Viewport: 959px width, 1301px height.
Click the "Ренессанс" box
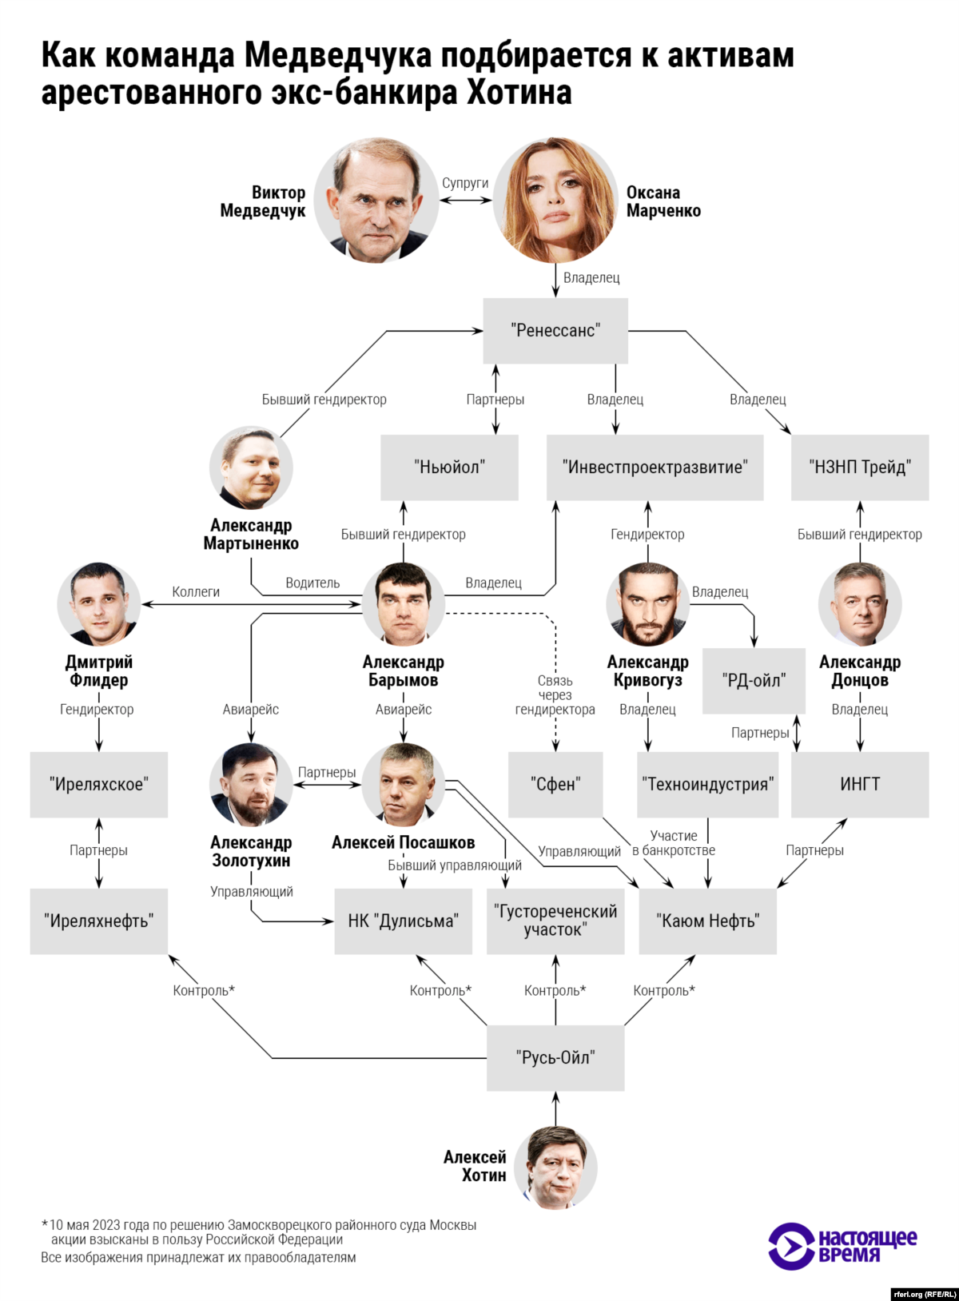coord(555,331)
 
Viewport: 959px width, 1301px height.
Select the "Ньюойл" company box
coord(449,467)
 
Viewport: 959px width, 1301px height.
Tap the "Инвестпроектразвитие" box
coord(655,467)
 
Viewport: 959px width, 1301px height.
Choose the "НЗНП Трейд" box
coord(860,467)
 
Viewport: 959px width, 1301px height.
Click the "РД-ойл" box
coord(754,681)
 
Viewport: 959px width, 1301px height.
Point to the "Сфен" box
coord(555,784)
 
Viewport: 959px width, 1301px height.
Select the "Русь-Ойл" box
coord(555,1058)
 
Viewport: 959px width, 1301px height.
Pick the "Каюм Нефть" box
coord(708,921)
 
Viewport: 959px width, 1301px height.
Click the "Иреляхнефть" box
coord(99,921)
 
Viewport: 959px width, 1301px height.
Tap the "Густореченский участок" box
coord(555,921)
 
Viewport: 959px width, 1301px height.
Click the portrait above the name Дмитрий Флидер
coord(99,604)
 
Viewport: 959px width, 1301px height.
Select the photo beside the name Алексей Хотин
coord(555,1168)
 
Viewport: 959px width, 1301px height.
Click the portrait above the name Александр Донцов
coord(860,604)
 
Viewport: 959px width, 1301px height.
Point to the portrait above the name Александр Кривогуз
coord(647,604)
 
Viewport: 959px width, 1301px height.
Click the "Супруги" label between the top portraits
coord(465,183)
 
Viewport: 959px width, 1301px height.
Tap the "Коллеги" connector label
coord(196,592)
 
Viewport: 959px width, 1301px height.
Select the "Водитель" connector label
coord(312,583)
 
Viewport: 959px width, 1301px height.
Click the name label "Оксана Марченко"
coord(663,201)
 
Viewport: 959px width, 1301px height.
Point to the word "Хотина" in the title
coord(519,93)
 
